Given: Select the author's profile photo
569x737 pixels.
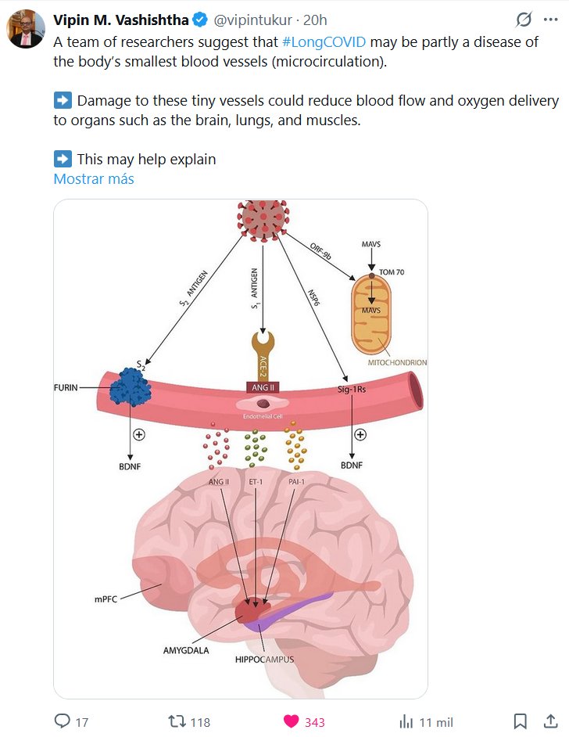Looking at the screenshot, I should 26,30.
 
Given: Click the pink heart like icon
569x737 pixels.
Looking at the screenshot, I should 291,721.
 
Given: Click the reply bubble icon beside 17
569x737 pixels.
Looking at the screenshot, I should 62,721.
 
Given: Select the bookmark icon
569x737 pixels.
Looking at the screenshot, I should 520,721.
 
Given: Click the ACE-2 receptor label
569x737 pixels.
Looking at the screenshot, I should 264,364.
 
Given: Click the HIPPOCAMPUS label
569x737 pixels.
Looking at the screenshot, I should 264,660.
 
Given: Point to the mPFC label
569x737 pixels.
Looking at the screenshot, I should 104,600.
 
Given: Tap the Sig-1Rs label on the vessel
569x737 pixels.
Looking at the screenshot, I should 352,387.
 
